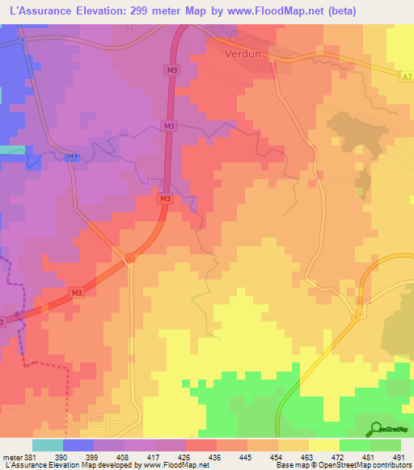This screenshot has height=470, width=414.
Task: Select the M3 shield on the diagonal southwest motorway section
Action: [76, 292]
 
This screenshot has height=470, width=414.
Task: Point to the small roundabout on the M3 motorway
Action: [129, 258]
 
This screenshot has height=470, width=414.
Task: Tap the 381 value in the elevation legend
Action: [31, 456]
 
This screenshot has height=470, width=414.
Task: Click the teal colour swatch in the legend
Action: [48, 445]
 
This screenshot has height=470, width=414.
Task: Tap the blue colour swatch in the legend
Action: [78, 445]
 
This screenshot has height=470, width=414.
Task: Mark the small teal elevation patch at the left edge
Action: [11, 149]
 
